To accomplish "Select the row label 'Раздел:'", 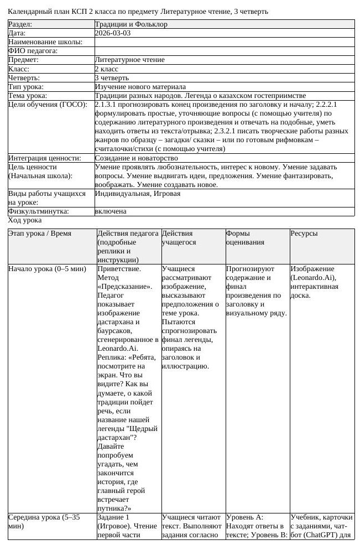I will [x=20, y=24].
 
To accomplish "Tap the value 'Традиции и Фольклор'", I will [x=131, y=24].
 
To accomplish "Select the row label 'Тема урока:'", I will [x=27, y=96].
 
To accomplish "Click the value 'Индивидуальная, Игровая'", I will [x=138, y=194].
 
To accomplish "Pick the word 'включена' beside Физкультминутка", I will [x=111, y=211].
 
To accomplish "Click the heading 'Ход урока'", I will [x=25, y=220].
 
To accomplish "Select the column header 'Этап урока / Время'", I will [x=40, y=233].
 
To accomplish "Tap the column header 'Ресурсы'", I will [x=304, y=233].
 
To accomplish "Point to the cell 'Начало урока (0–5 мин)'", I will [x=47, y=269].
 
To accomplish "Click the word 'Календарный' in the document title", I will [x=29, y=11].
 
